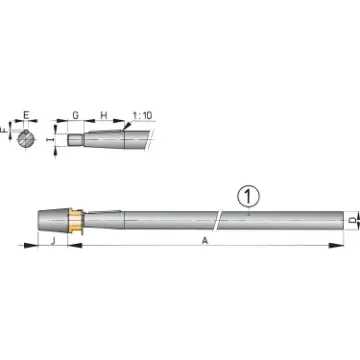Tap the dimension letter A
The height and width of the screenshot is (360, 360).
tap(206, 241)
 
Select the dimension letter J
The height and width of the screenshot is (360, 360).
tap(51, 240)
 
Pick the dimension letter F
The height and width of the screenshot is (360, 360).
tap(8, 130)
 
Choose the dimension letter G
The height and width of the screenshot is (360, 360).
tap(76, 116)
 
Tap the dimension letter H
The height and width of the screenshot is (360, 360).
tap(103, 116)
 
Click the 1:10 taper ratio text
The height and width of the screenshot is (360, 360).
tap(140, 116)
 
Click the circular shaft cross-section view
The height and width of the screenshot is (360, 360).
tap(26, 137)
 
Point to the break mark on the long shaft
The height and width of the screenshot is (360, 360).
tap(217, 219)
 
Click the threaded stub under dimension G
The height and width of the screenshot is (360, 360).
tap(75, 138)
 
